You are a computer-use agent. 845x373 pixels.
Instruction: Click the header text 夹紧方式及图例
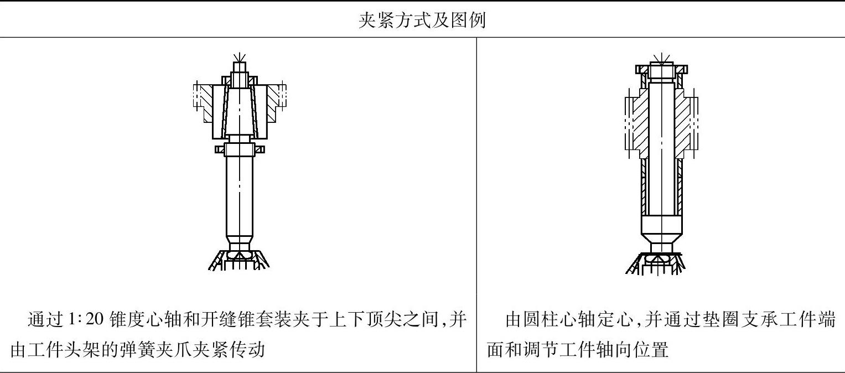(x=422, y=20)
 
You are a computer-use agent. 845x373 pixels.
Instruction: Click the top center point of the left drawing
(x=240, y=57)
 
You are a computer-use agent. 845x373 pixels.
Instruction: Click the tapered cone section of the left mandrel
(x=240, y=111)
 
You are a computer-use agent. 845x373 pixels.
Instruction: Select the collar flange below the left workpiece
(x=240, y=149)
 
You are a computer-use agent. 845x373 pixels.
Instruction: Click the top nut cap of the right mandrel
(x=661, y=70)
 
